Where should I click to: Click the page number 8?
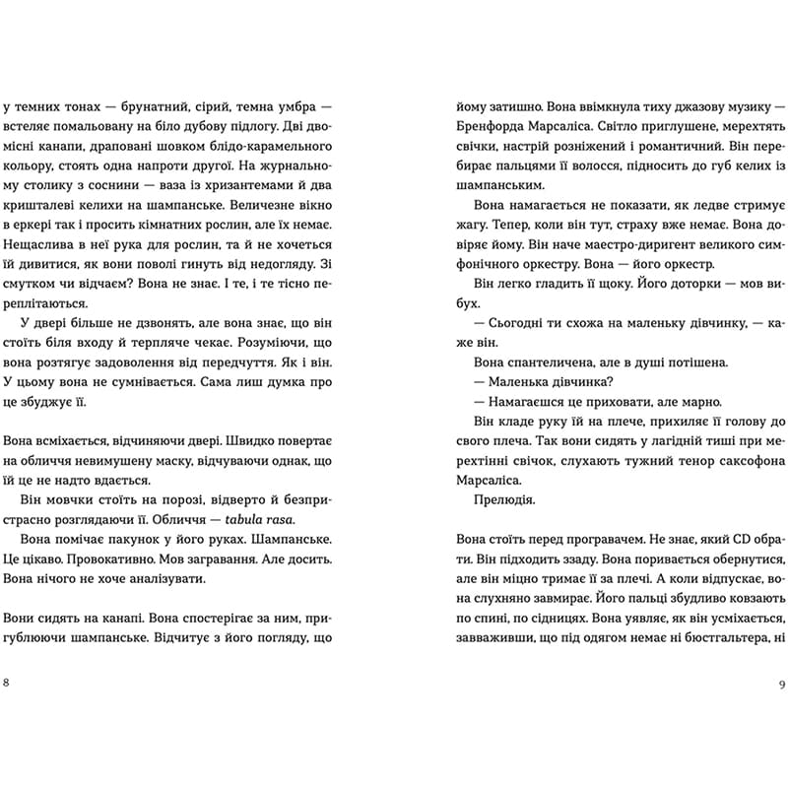pyautogui.click(x=8, y=683)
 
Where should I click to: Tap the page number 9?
pyautogui.click(x=781, y=683)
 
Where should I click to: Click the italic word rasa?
pyautogui.click(x=293, y=520)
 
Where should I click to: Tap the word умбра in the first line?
pyautogui.click(x=305, y=105)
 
